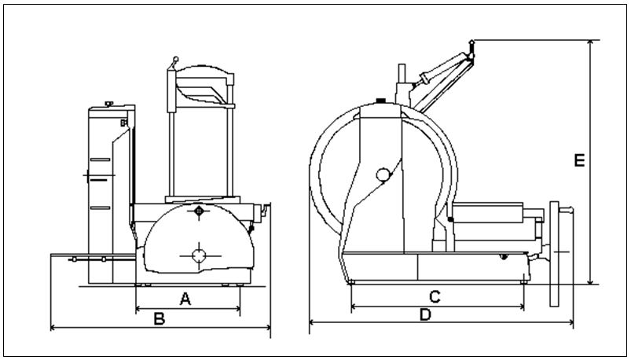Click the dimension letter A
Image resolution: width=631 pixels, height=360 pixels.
(185, 299)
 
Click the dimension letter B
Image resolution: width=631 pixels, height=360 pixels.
(160, 319)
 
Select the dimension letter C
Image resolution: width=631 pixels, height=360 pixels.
(435, 297)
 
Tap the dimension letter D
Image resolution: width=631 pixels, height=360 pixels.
(425, 315)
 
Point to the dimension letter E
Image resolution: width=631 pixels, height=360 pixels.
(579, 160)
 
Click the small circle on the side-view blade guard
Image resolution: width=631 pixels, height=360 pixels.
(383, 174)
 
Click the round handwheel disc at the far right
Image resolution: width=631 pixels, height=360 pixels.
(555, 254)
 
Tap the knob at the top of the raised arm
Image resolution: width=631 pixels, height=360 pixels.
(471, 43)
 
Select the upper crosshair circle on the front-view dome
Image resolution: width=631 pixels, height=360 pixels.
(199, 211)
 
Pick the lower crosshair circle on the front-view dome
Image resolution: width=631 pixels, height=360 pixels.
(199, 255)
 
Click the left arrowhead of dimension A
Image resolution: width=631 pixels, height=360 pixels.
(138, 309)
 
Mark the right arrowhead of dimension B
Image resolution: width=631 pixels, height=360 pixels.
(268, 328)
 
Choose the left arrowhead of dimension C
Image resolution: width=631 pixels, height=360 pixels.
(354, 307)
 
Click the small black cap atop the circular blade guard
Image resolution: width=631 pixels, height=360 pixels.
(380, 101)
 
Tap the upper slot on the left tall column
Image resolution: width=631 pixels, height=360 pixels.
(101, 160)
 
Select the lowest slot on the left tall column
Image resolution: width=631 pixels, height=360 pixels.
(101, 208)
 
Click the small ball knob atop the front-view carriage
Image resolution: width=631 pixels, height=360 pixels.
(176, 59)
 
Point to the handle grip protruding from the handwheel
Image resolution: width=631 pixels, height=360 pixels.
(567, 209)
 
